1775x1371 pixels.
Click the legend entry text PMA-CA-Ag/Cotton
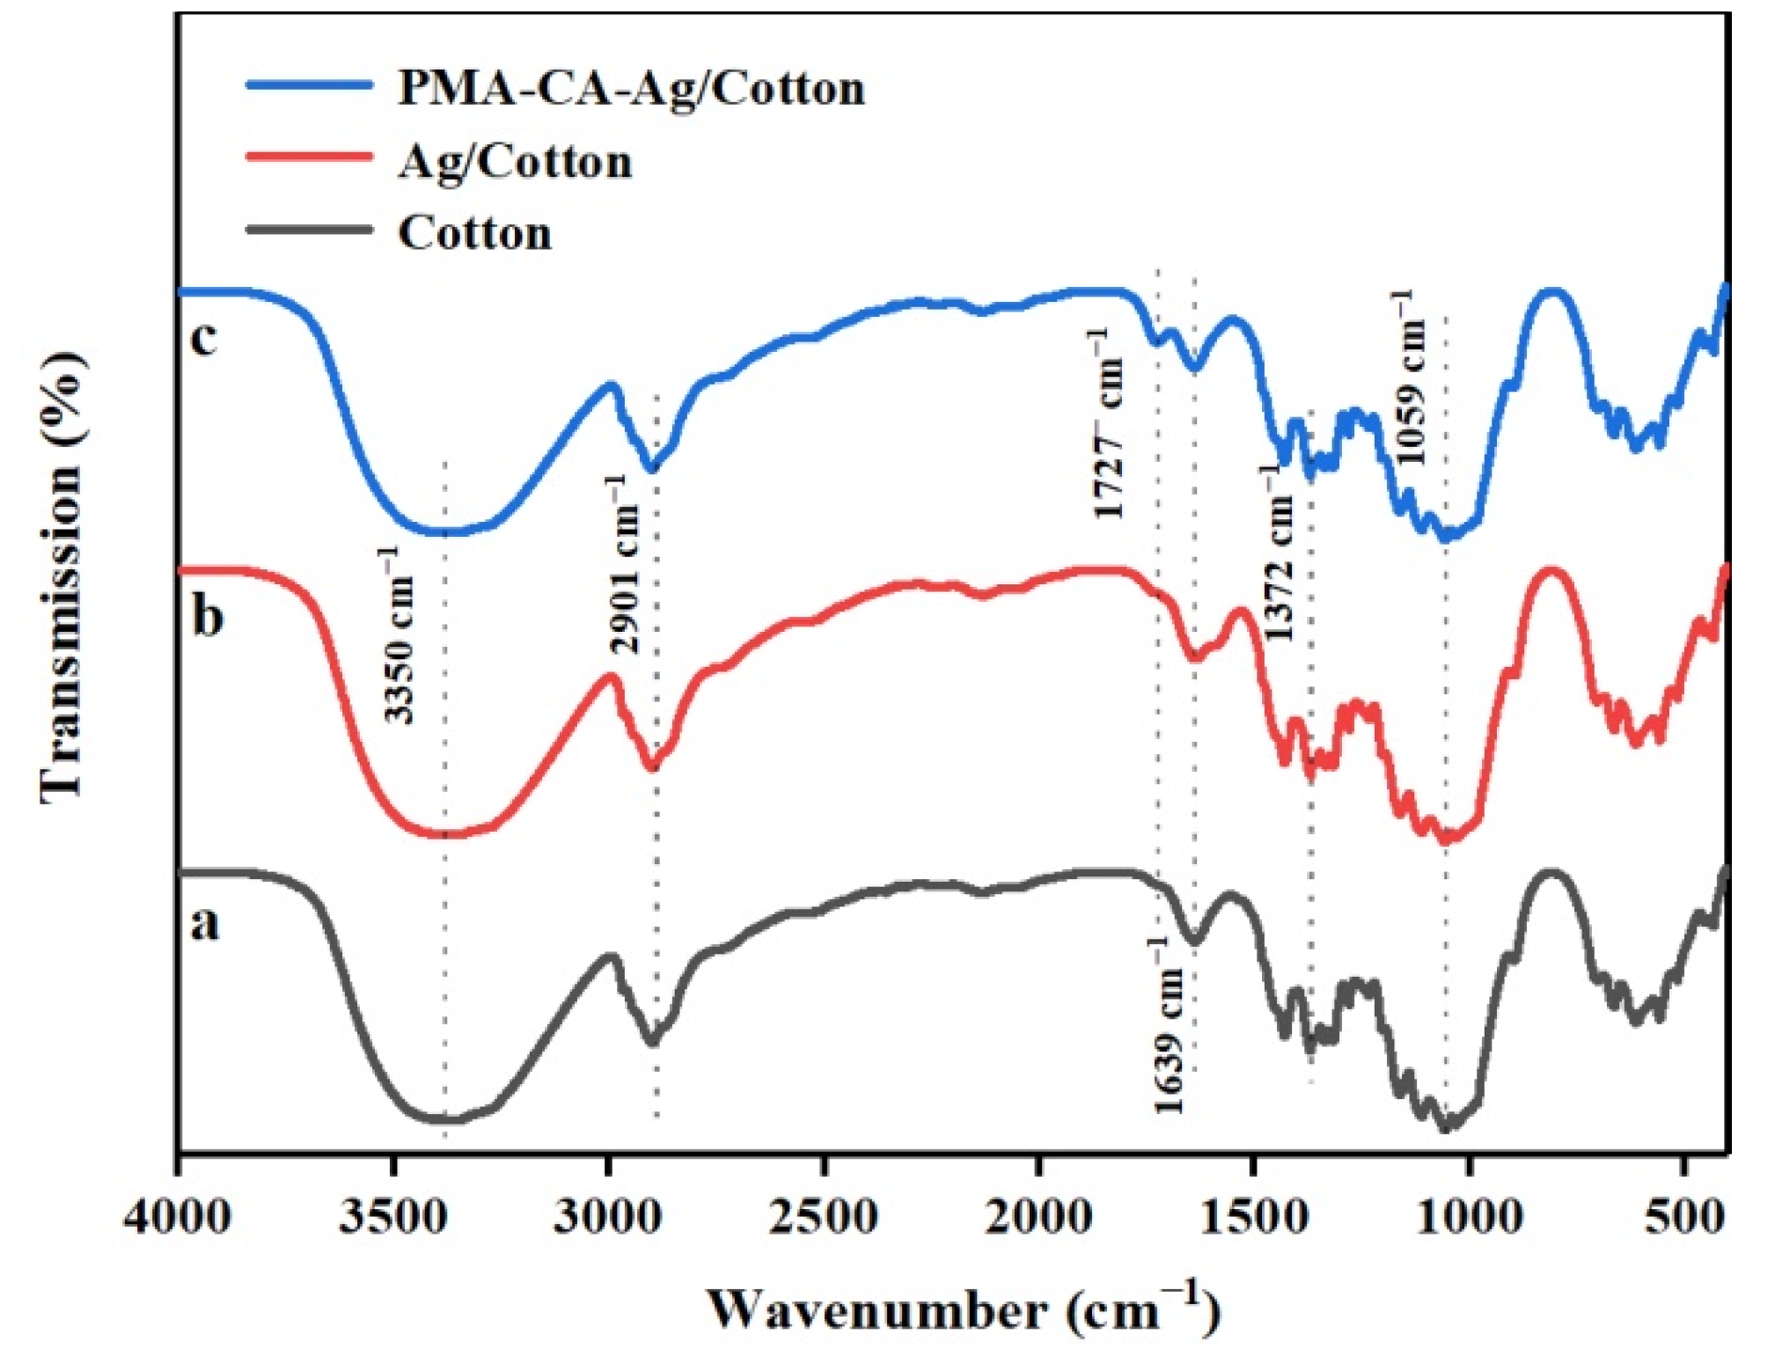pos(631,89)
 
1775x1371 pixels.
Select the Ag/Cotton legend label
pos(515,162)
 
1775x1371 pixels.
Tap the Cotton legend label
pos(475,233)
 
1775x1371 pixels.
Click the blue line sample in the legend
pos(308,84)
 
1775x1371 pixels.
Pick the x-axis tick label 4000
pos(178,1218)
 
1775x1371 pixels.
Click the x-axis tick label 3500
pos(393,1218)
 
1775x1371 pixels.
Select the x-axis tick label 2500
pos(824,1218)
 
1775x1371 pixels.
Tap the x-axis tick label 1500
pos(1254,1218)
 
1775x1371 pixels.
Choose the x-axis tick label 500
pos(1684,1218)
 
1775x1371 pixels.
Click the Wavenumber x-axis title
pos(963,1309)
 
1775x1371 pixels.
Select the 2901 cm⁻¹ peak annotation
pos(624,564)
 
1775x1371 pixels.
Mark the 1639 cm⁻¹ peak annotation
pos(1169,1026)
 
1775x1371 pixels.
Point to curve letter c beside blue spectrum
pos(203,337)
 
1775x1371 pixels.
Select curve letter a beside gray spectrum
pos(205,924)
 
